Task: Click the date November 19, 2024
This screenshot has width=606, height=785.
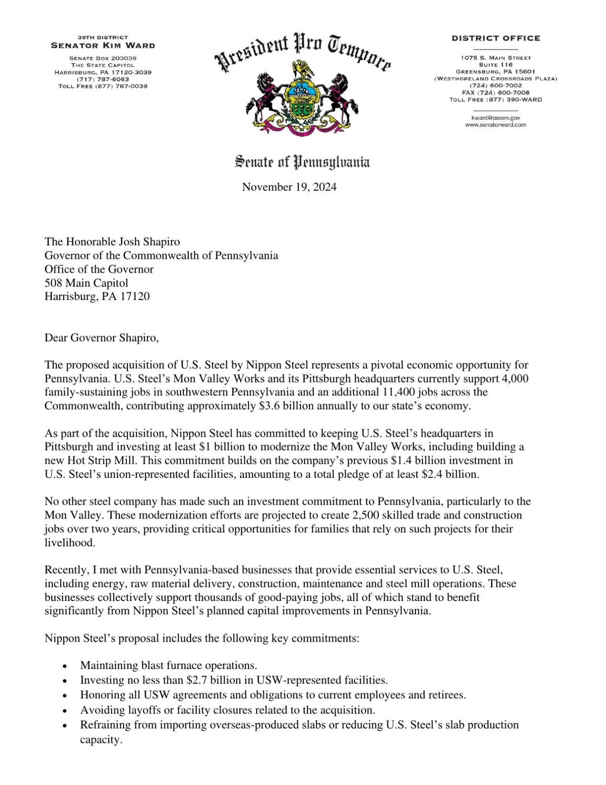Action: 289,187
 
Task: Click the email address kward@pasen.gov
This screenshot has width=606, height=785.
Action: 495,117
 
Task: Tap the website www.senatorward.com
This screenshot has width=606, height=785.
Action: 495,125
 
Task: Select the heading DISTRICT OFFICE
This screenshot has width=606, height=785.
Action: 496,38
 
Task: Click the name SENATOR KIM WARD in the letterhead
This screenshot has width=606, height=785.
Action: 103,46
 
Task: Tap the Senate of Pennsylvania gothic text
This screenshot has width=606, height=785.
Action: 302,162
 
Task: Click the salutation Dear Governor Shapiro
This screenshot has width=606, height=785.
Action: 102,338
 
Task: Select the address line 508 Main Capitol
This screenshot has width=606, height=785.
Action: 86,283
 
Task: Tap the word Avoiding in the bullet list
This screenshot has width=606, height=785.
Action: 101,710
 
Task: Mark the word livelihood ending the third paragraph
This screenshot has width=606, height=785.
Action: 70,543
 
